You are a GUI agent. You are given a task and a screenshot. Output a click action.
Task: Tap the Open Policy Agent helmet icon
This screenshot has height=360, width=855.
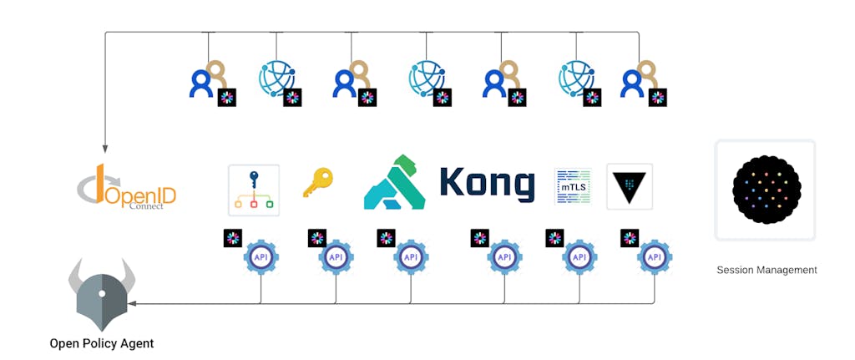(x=102, y=295)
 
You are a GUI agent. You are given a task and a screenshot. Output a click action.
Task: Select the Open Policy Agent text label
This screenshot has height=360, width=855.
(x=102, y=343)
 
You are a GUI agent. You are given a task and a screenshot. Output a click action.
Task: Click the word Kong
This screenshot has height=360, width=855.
(x=487, y=183)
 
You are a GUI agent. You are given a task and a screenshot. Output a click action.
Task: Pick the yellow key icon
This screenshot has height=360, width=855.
(x=317, y=182)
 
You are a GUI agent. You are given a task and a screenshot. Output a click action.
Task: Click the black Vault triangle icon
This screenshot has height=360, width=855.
(x=629, y=185)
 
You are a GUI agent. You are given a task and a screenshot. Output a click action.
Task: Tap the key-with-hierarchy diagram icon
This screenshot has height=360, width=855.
(x=254, y=190)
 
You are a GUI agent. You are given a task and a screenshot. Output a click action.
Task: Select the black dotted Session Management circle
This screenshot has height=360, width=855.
(x=766, y=190)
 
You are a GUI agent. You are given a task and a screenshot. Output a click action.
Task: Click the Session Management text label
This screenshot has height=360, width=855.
(x=766, y=270)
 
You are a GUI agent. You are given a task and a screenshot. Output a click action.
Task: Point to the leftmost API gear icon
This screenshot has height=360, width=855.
(x=261, y=257)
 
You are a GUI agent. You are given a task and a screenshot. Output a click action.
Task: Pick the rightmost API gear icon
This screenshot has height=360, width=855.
(x=655, y=257)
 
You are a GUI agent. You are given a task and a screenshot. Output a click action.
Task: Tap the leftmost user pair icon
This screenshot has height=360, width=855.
(x=208, y=80)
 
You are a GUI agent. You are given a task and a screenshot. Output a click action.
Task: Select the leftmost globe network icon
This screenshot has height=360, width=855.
(x=276, y=79)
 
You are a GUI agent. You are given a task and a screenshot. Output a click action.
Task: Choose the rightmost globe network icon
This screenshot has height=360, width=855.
(x=576, y=79)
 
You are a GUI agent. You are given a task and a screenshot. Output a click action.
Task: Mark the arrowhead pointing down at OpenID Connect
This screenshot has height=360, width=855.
(x=105, y=150)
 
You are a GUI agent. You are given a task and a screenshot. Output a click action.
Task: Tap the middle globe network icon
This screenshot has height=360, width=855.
(x=426, y=79)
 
